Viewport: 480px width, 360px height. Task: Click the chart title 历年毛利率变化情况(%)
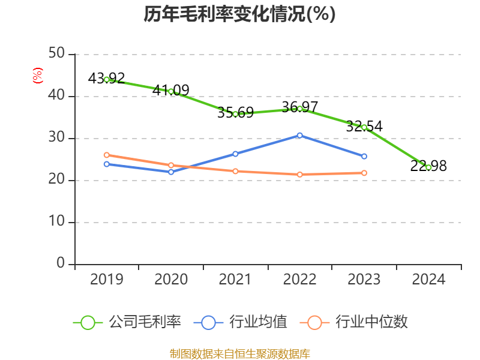[239, 14]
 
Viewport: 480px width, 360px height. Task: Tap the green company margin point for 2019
[107, 79]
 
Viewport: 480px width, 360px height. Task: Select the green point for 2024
[428, 167]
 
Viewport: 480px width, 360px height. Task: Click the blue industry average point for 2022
[300, 135]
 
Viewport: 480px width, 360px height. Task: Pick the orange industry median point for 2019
[107, 155]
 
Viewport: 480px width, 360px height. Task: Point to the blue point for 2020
[171, 172]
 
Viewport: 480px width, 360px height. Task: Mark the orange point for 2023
[364, 173]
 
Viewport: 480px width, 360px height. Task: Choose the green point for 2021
[235, 113]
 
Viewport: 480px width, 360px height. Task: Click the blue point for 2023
[364, 156]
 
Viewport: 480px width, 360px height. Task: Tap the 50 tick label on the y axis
[57, 54]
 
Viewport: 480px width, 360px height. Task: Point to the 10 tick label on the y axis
[57, 222]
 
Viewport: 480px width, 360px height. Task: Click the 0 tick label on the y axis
[61, 264]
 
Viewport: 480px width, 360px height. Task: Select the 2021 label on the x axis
[235, 280]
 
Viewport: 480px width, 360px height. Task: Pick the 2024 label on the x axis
[428, 280]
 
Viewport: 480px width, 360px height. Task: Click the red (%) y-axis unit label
[38, 76]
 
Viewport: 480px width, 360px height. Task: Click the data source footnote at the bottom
[239, 353]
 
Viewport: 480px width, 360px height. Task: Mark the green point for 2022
[300, 109]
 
